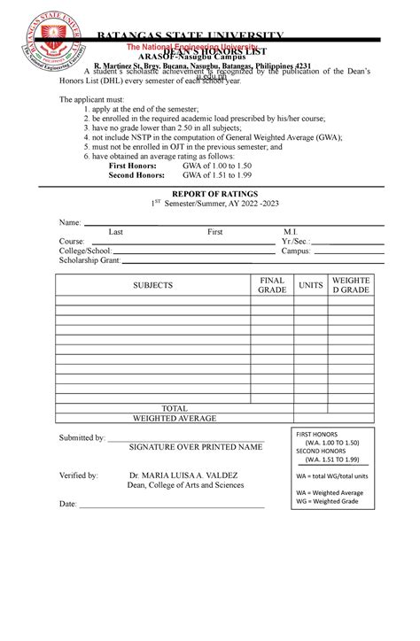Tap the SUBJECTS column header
coord(152,286)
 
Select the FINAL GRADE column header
coord(272,285)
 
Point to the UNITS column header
coord(311,285)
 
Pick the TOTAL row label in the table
coord(174,408)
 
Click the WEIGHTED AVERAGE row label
coord(174,418)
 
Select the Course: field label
coord(72,242)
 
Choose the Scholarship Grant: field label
coord(89,261)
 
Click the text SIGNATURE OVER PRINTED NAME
coord(196,448)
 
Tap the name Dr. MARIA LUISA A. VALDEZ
coord(183,475)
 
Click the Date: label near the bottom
coord(68,504)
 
